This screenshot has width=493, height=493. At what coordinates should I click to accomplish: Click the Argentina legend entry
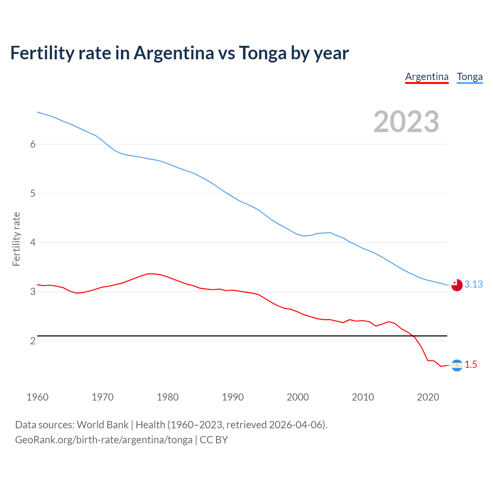click(x=427, y=77)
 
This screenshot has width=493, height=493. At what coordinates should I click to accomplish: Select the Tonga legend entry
click(x=470, y=77)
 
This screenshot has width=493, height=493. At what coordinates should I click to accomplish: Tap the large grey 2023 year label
click(x=406, y=122)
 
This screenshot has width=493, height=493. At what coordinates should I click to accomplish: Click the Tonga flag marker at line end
click(x=457, y=285)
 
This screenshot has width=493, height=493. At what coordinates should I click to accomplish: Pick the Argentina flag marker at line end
click(x=457, y=365)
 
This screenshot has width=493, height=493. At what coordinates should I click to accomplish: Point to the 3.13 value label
click(x=473, y=284)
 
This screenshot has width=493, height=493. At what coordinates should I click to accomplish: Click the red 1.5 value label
click(x=471, y=364)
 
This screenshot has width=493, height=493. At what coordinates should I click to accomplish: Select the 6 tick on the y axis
click(x=33, y=144)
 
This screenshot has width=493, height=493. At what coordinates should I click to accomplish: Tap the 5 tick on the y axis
click(x=33, y=193)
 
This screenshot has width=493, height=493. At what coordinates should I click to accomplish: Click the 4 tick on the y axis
click(x=33, y=243)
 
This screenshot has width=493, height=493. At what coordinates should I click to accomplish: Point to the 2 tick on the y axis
click(x=33, y=341)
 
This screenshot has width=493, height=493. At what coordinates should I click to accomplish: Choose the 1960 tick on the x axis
click(x=37, y=397)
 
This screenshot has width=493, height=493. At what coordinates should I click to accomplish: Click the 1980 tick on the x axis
click(x=168, y=397)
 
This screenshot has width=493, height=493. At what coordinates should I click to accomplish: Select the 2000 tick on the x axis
click(x=298, y=397)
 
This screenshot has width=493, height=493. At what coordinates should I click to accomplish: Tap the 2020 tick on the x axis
click(x=428, y=397)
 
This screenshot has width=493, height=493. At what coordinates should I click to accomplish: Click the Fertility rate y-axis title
click(x=16, y=239)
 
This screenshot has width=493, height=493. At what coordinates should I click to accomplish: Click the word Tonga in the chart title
click(x=263, y=53)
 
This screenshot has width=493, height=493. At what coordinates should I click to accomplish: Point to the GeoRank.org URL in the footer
click(x=104, y=440)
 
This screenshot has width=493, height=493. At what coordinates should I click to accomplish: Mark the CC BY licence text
click(x=214, y=440)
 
